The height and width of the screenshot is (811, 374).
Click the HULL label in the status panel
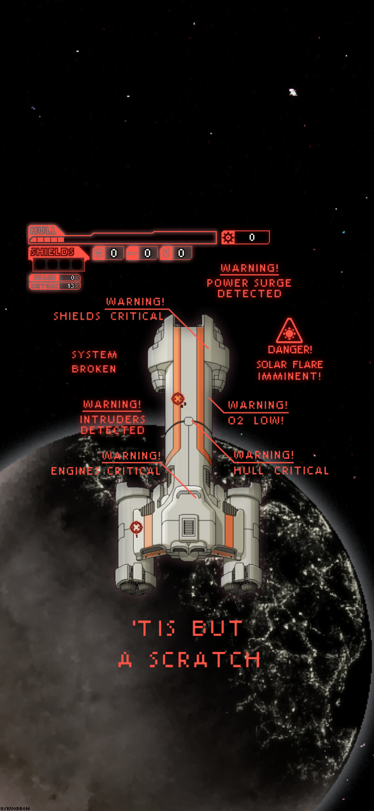point(44,231)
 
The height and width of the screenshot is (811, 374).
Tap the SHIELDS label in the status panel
point(52,252)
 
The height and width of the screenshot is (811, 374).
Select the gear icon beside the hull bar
point(228,237)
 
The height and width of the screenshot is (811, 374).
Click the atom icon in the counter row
point(99,253)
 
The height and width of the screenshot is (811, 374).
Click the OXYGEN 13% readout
point(55,286)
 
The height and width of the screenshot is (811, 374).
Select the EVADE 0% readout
point(55,278)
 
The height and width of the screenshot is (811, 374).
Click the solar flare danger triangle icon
point(289,332)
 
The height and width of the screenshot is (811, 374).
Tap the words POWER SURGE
point(249,283)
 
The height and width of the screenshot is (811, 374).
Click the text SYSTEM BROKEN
point(94,362)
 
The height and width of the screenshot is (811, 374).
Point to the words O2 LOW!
point(256,421)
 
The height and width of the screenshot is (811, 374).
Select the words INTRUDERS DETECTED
point(113,425)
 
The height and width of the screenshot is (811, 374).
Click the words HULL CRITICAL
point(281,470)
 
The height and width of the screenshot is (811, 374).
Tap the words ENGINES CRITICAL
point(105,471)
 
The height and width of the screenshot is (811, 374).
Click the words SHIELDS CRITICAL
point(108,316)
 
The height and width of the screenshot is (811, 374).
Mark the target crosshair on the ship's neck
point(178,398)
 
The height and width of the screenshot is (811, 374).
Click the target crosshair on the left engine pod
point(136,527)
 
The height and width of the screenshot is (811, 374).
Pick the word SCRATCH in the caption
point(204,660)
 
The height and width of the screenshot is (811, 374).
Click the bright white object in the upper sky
point(293,92)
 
